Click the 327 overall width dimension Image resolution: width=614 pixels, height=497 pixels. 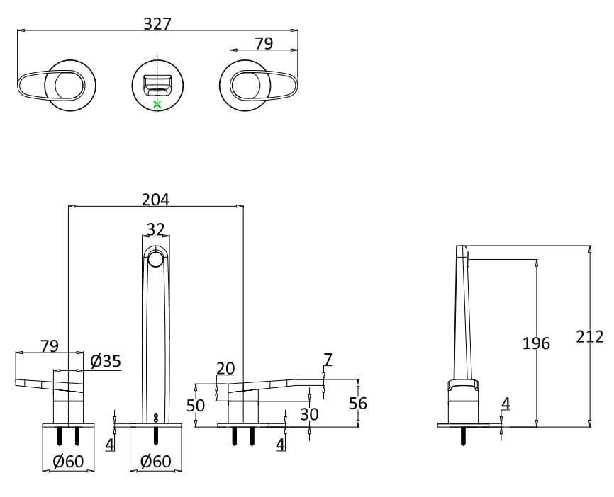pyautogui.click(x=157, y=23)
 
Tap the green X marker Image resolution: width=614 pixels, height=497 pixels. pyautogui.click(x=157, y=104)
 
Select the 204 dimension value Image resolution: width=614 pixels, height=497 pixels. pyautogui.click(x=155, y=200)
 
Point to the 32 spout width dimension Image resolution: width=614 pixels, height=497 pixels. pyautogui.click(x=155, y=229)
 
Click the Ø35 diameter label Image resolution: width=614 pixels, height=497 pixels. pyautogui.click(x=106, y=361)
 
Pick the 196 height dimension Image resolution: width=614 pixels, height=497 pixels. pyautogui.click(x=536, y=343)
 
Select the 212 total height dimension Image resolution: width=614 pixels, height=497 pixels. pyautogui.click(x=589, y=336)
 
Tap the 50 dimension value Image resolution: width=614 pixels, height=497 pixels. pyautogui.click(x=196, y=405)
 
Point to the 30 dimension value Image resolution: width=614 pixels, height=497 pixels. pyautogui.click(x=309, y=413)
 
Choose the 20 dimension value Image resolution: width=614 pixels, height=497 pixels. pyautogui.click(x=225, y=368)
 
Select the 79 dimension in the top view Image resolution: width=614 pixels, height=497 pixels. pyautogui.click(x=264, y=43)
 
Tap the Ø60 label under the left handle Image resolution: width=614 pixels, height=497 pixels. pyautogui.click(x=69, y=462)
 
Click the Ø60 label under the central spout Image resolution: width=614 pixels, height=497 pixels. pyautogui.click(x=155, y=462)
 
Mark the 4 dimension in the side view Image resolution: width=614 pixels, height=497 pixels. pyautogui.click(x=506, y=404)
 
